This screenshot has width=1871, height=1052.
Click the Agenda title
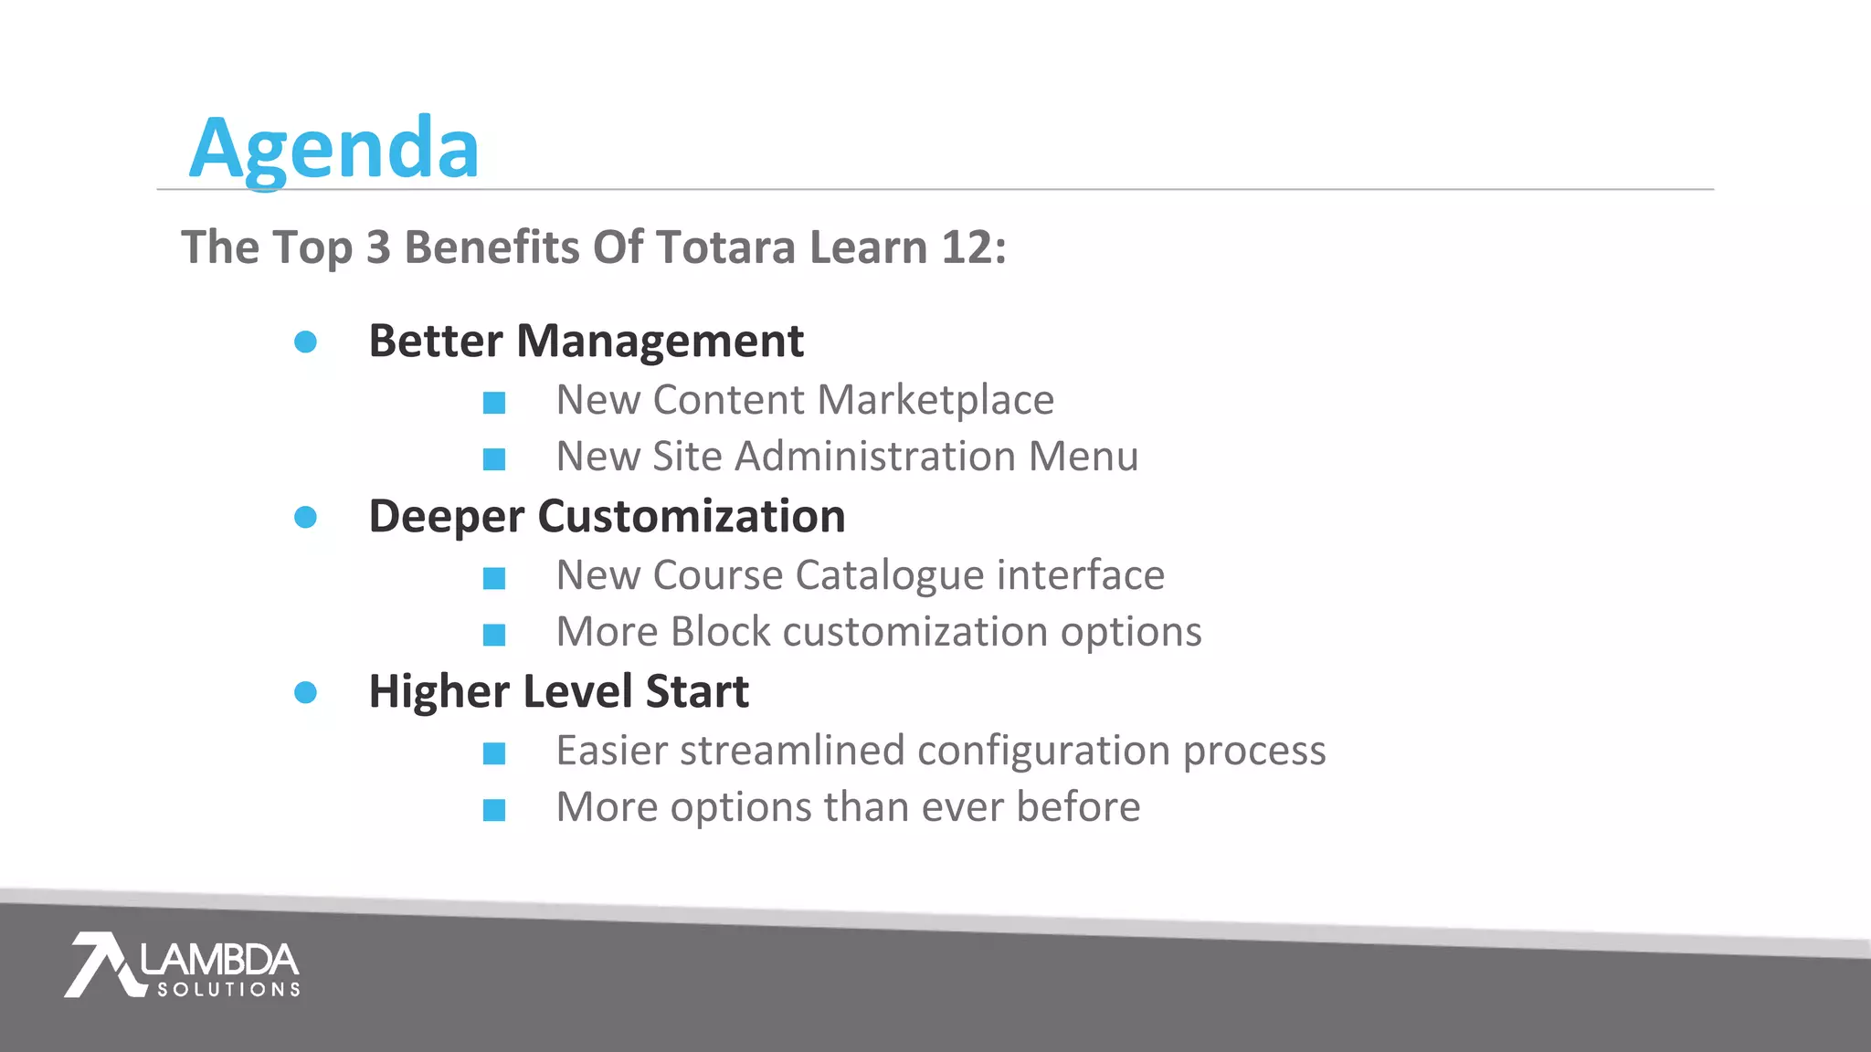(x=333, y=149)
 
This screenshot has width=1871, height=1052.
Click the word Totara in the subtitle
(x=725, y=247)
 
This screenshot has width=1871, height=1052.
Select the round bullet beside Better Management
(x=305, y=342)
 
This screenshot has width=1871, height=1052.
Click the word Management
(x=660, y=342)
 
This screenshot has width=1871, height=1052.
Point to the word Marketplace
(x=935, y=400)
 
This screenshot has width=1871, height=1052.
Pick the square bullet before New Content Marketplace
(x=494, y=403)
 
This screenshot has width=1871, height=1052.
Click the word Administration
(x=875, y=457)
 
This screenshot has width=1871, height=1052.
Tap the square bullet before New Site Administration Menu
(x=494, y=459)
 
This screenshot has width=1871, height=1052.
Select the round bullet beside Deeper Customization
(x=305, y=518)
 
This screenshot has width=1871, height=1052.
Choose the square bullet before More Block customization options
(x=494, y=635)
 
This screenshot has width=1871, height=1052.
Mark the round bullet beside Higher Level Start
(x=305, y=692)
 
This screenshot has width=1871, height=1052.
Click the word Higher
(x=438, y=692)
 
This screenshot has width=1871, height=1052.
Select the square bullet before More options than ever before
(x=494, y=810)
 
